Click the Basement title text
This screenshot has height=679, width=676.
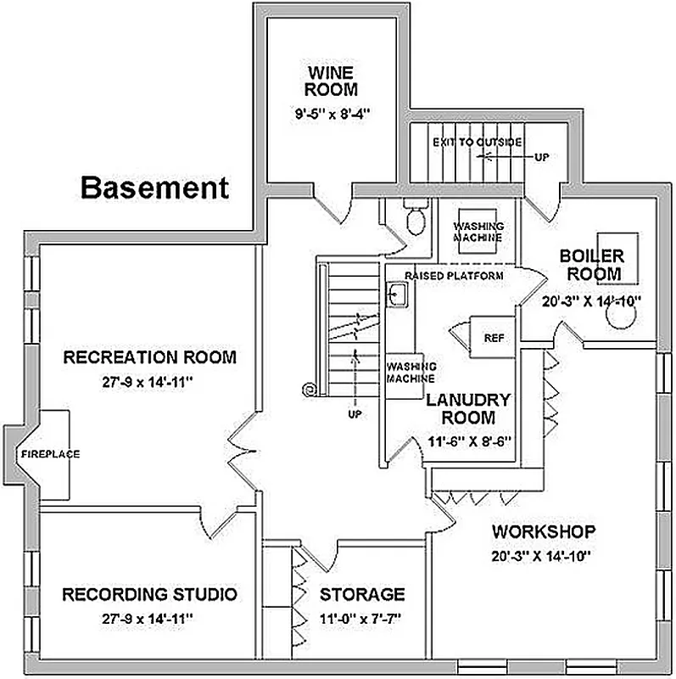point(154,187)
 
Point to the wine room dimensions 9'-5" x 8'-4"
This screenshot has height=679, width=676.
point(332,112)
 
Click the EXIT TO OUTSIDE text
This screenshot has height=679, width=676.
point(477,142)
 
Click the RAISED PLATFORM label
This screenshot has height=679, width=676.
point(454,276)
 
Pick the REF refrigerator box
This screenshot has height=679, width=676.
point(493,338)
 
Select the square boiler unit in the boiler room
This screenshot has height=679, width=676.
point(618,251)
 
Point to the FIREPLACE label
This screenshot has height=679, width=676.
point(51,454)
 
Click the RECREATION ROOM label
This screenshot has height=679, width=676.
point(149,357)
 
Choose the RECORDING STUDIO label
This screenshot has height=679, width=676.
point(149,593)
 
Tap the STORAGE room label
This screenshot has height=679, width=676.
point(361,594)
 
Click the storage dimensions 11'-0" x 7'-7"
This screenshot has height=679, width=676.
point(361,618)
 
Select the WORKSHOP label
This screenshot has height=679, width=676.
point(544,532)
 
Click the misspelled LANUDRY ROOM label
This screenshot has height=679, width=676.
point(467,408)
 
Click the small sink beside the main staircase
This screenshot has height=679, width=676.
point(398,294)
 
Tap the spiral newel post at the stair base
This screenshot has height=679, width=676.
point(310,389)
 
